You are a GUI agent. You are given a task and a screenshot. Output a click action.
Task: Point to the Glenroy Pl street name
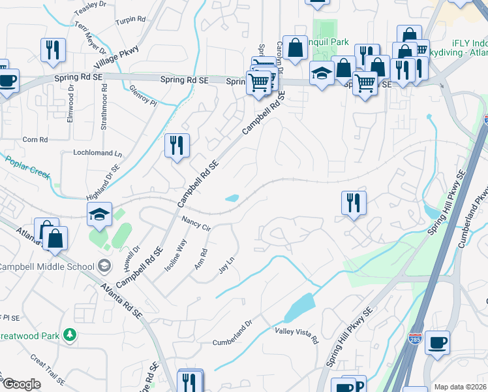[x=143, y=96]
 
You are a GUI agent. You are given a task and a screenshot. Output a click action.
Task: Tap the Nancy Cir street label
[x=196, y=223]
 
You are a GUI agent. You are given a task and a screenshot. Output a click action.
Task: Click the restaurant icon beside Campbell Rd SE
[x=176, y=145]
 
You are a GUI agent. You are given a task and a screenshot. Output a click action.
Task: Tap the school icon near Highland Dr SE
[x=99, y=213]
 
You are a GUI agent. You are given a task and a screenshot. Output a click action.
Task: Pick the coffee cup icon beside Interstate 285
[x=437, y=342]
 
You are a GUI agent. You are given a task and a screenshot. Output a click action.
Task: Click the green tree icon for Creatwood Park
[x=70, y=335]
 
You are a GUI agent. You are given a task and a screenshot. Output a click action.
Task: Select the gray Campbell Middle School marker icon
[x=104, y=265]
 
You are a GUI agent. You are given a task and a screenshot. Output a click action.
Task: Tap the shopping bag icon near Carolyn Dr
[x=295, y=47]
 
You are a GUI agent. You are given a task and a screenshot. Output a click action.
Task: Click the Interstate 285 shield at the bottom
[x=416, y=339]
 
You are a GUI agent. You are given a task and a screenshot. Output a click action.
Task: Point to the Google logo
[x=22, y=384]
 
